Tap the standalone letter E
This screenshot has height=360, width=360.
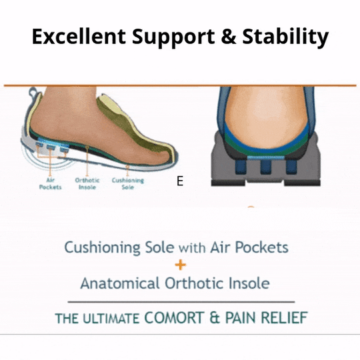179,181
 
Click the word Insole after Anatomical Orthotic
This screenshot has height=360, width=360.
245,283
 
